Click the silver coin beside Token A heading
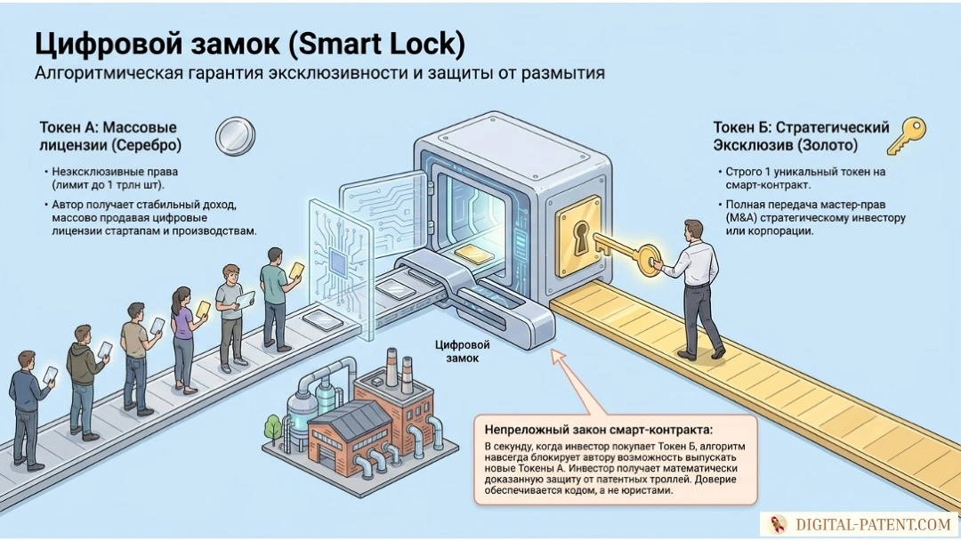click(235, 136)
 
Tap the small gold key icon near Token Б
click(907, 136)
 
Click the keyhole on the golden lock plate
click(580, 237)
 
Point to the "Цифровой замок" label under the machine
click(462, 351)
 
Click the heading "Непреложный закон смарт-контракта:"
click(599, 430)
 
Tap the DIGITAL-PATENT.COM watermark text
click(874, 524)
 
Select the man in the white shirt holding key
click(695, 288)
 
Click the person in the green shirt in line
click(275, 299)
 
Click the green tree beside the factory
click(273, 427)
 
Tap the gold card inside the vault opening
click(472, 253)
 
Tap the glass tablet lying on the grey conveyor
click(324, 320)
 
